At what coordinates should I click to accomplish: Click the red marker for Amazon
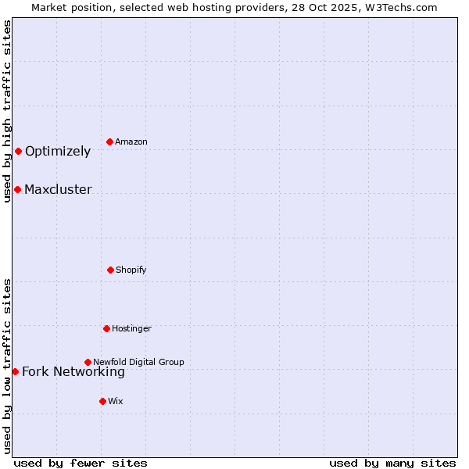pyautogui.click(x=109, y=141)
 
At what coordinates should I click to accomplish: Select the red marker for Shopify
pyautogui.click(x=110, y=270)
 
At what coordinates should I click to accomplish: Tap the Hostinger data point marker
pyautogui.click(x=106, y=328)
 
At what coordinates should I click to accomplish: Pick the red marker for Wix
pyautogui.click(x=102, y=401)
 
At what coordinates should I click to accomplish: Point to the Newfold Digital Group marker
pyautogui.click(x=88, y=362)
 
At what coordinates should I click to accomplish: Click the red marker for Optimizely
pyautogui.click(x=18, y=151)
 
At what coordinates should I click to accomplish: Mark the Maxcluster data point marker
pyautogui.click(x=17, y=189)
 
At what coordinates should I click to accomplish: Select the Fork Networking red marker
pyautogui.click(x=15, y=371)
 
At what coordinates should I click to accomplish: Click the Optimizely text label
pyautogui.click(x=58, y=152)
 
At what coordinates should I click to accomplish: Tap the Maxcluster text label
pyautogui.click(x=58, y=190)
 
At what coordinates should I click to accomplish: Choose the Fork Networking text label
pyautogui.click(x=73, y=372)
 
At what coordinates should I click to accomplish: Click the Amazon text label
pyautogui.click(x=131, y=142)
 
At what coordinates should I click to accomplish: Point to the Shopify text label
pyautogui.click(x=131, y=270)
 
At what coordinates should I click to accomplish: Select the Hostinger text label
pyautogui.click(x=131, y=329)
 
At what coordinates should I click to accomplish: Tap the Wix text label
pyautogui.click(x=116, y=402)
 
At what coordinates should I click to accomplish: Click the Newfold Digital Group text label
pyautogui.click(x=138, y=363)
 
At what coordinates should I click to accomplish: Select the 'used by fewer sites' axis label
pyautogui.click(x=81, y=463)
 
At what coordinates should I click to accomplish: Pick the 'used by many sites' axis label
pyautogui.click(x=392, y=463)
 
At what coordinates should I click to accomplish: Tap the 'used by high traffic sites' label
pyautogui.click(x=7, y=111)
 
